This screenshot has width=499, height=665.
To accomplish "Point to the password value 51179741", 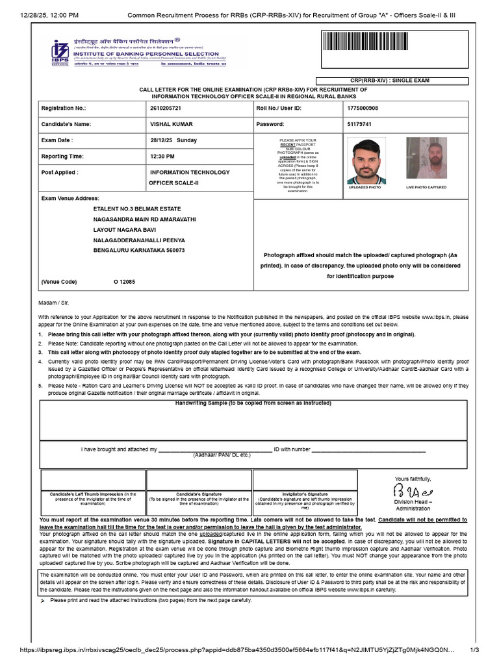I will tap(361, 123).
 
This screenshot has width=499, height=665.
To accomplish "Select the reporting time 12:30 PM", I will tap(162, 157).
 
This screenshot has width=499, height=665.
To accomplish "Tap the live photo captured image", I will tap(426, 159).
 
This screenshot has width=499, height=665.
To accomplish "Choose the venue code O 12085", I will tap(125, 282).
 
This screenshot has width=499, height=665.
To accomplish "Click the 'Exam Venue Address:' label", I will tap(70, 197).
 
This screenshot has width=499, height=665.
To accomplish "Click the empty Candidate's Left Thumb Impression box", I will tap(92, 480).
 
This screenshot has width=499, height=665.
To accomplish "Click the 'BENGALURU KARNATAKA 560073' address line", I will tap(140, 250).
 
